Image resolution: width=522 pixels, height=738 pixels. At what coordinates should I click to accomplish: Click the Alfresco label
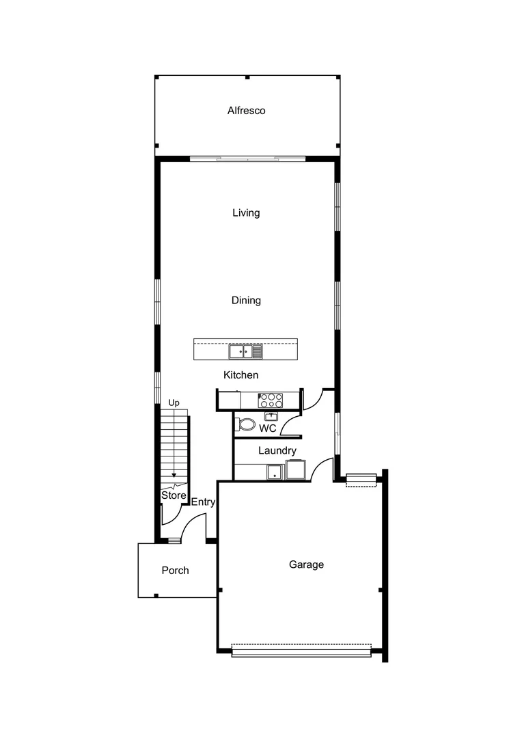pos(246,111)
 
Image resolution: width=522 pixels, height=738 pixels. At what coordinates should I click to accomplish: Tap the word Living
pos(246,213)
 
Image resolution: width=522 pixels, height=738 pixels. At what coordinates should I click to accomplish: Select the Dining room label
pos(246,301)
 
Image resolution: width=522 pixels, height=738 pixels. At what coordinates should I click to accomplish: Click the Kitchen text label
pos(241,375)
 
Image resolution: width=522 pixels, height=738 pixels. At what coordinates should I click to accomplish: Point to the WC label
pos(267,428)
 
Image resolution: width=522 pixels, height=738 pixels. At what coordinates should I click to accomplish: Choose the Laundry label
pos(277,451)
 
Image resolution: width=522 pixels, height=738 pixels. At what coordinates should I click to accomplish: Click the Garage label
pos(306,565)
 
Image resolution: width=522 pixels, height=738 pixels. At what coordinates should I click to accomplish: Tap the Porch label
pos(175,571)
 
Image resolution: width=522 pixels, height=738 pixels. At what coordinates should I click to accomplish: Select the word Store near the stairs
pos(174,495)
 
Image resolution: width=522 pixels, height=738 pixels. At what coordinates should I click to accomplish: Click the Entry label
pos(203,502)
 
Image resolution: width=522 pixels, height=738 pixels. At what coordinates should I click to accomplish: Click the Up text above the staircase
pos(174,403)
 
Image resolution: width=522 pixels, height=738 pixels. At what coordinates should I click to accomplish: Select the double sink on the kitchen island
pos(245,352)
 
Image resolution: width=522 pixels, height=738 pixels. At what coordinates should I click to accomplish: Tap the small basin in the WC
pos(271,415)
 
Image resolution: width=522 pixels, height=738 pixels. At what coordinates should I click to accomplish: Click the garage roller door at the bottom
pos(301,651)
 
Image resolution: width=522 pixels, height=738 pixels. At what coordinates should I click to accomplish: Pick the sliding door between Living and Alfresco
pos(247,159)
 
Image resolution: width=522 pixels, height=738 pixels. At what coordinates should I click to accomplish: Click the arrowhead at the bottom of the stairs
pos(174,474)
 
